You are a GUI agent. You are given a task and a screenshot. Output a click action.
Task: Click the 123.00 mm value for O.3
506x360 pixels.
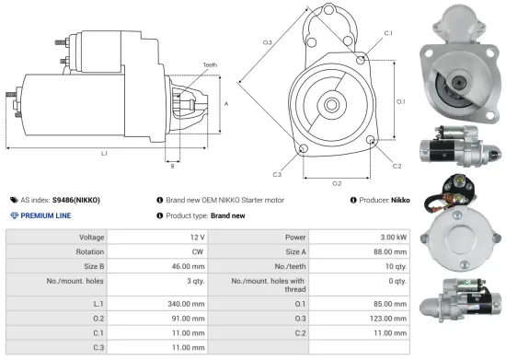(387, 319)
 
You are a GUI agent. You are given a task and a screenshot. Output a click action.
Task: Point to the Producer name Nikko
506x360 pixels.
(401, 199)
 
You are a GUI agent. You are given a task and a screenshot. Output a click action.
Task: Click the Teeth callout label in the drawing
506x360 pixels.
(211, 65)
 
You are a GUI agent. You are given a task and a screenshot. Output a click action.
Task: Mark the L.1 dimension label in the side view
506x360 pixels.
(104, 153)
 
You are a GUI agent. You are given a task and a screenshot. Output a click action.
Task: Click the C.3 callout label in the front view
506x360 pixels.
(277, 172)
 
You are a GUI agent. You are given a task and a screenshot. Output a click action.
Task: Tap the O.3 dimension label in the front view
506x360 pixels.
(268, 43)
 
